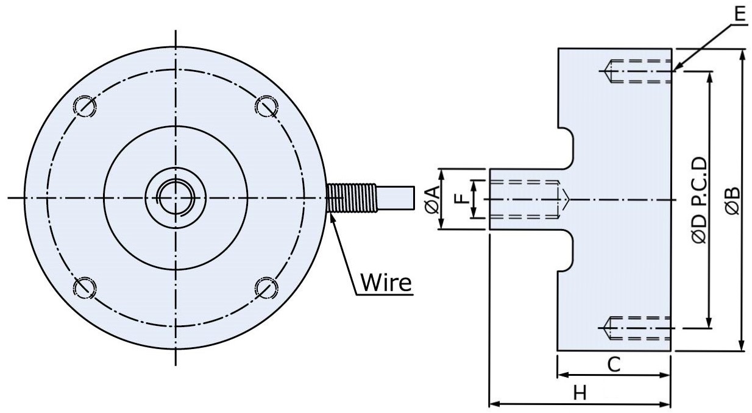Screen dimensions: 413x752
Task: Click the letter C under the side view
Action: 614,364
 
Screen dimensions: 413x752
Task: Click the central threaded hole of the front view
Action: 176,197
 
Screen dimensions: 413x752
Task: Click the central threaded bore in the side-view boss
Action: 527,199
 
